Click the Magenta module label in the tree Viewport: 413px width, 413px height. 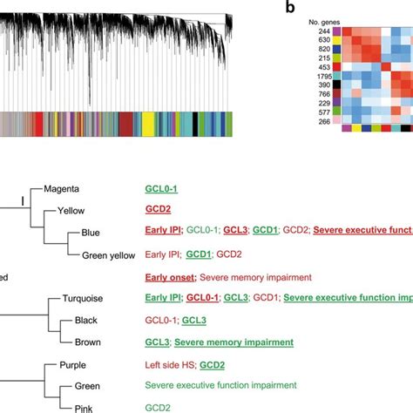[x=62, y=188]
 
